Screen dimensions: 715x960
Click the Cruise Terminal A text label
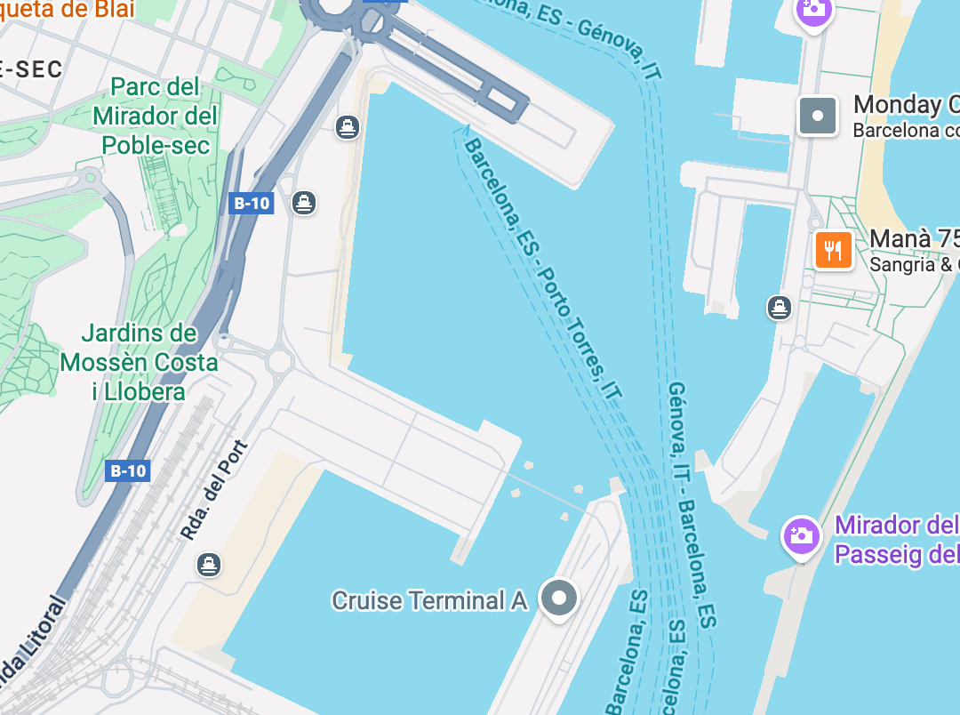[x=429, y=601]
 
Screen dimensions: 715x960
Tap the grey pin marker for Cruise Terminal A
[x=559, y=599]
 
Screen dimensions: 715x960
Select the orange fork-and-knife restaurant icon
[x=833, y=250]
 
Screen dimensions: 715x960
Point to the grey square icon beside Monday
[x=818, y=116]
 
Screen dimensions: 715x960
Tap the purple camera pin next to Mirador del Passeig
[x=801, y=536]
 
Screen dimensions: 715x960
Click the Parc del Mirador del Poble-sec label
[x=156, y=116]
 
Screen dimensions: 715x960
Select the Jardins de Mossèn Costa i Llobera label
[x=140, y=363]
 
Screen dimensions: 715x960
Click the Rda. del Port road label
[x=213, y=489]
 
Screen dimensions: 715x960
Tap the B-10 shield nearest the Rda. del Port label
[x=127, y=470]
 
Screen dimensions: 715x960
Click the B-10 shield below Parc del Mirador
[x=252, y=203]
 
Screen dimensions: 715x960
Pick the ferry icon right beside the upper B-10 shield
[x=304, y=203]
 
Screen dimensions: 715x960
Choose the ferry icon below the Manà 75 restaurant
[x=780, y=308]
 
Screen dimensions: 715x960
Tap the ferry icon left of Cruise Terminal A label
[x=209, y=564]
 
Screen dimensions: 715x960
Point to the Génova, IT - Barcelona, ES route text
[x=692, y=507]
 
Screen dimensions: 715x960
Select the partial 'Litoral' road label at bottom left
[x=36, y=640]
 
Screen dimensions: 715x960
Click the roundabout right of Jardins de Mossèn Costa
[x=279, y=361]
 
